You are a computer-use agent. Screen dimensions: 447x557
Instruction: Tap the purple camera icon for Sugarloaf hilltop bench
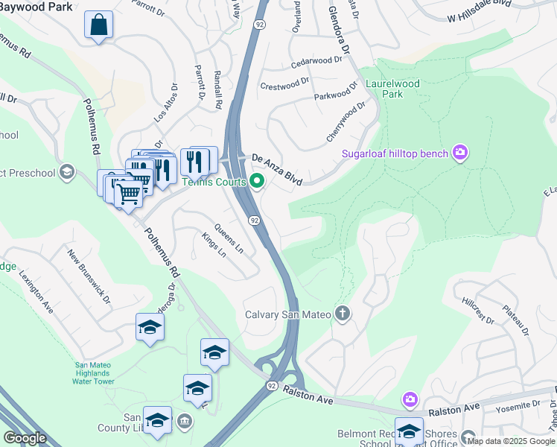[x=460, y=153]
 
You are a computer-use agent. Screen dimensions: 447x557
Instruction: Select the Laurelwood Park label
[x=393, y=89]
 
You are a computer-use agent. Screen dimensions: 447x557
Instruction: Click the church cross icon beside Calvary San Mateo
[x=343, y=314]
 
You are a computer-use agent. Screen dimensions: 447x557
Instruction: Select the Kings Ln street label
[x=214, y=245]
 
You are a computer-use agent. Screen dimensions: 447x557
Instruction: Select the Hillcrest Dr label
[x=477, y=312]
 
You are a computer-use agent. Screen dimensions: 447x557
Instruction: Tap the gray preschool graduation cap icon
[x=68, y=173]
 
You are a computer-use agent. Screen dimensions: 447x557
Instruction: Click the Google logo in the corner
[x=25, y=438]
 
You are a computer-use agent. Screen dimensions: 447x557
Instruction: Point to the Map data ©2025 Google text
[x=511, y=441]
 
